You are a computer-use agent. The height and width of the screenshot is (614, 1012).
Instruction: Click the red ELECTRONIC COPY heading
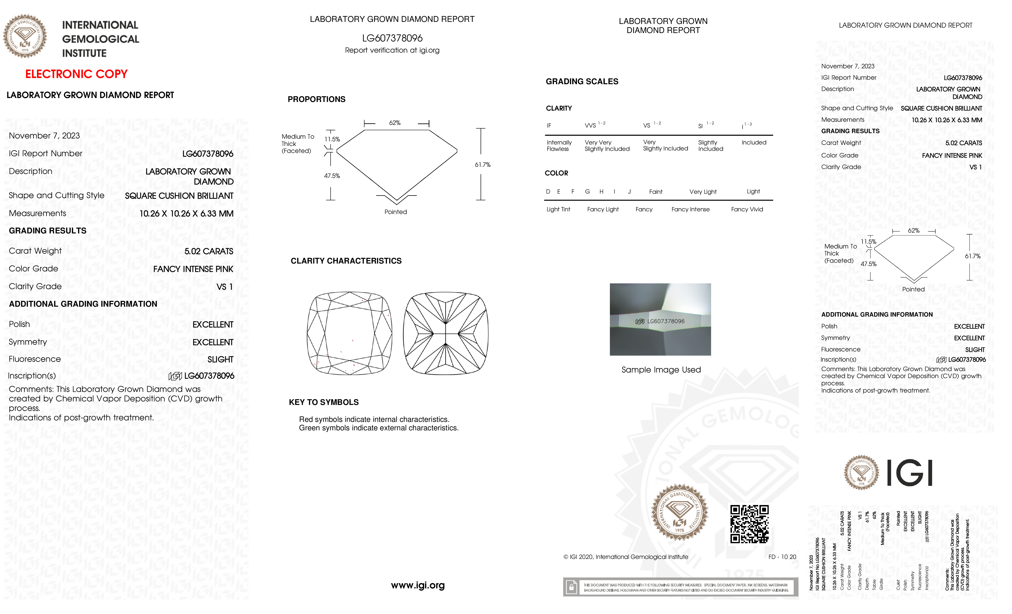(76, 74)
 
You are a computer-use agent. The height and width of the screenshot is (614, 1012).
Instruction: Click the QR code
(749, 524)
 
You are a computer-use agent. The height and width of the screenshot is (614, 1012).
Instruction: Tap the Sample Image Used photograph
(660, 319)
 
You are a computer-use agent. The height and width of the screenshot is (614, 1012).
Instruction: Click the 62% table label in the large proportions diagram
(395, 123)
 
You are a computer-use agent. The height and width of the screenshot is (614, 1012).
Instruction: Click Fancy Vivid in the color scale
(747, 209)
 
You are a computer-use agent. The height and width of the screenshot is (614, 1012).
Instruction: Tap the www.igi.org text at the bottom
(418, 585)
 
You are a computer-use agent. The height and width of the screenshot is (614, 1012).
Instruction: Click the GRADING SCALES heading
(582, 82)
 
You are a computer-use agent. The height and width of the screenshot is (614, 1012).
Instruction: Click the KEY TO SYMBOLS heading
(324, 402)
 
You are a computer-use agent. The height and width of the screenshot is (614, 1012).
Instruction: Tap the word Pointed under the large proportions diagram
(396, 212)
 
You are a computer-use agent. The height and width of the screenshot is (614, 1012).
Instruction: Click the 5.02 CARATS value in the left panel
(209, 251)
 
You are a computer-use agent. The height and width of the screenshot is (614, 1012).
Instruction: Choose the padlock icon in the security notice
(571, 587)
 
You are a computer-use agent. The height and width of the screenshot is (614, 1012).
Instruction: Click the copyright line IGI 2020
(626, 557)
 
